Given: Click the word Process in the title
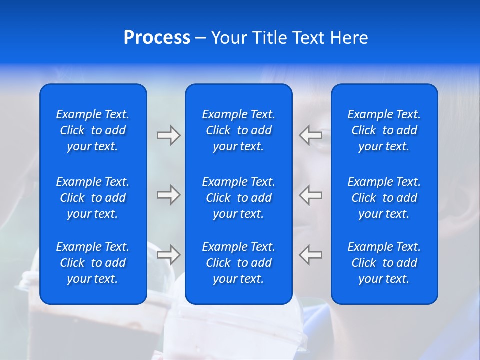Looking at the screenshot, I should click(157, 38).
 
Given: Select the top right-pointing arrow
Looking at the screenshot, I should click(168, 135).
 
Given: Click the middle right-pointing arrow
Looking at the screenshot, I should click(168, 195).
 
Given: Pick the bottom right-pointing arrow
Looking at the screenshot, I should click(168, 254).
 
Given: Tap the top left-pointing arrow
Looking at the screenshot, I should click(311, 135).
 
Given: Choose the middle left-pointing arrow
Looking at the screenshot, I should click(311, 195).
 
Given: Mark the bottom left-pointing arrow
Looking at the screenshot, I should click(311, 254).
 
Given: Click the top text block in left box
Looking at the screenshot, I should click(93, 130).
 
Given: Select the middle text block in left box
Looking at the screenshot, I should click(93, 198).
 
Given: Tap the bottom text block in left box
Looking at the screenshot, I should click(93, 263).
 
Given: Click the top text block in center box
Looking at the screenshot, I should click(238, 130).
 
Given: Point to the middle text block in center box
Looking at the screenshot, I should click(238, 198).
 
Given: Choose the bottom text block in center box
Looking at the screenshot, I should click(238, 263).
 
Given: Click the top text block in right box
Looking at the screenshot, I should click(384, 130).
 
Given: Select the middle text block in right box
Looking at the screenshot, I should click(384, 198).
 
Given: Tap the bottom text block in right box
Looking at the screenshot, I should click(384, 263).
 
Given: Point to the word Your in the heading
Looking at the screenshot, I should click(229, 38).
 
